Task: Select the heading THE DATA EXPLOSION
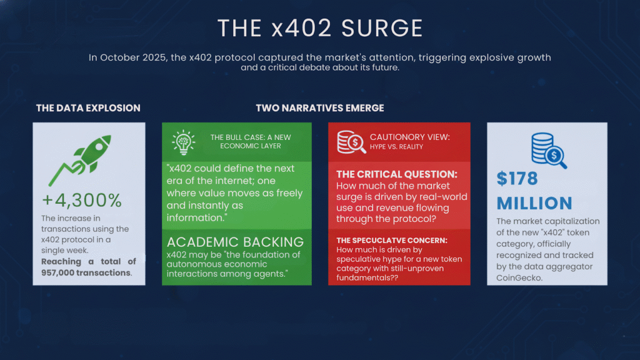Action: [88, 108]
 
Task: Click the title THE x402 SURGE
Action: [319, 28]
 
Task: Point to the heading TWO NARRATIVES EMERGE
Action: [319, 108]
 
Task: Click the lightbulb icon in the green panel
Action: [183, 142]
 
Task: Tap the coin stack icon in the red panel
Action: [349, 142]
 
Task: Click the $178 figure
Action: [517, 179]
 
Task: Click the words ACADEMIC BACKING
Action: [235, 242]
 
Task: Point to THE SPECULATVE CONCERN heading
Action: [391, 240]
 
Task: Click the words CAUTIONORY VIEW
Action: [409, 137]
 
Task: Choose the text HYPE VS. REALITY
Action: [396, 147]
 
